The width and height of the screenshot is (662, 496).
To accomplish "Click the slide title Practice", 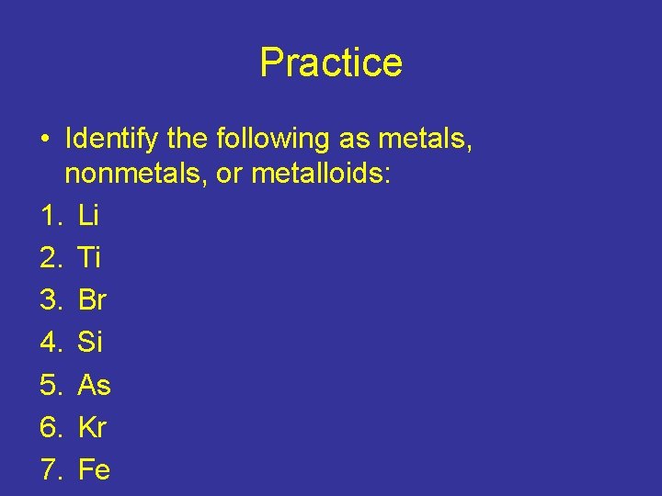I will click(x=331, y=62).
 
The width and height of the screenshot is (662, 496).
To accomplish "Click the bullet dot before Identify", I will click(x=44, y=140).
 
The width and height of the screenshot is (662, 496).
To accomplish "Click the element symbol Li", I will click(x=89, y=216).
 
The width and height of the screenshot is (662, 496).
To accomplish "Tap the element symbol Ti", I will click(x=89, y=258).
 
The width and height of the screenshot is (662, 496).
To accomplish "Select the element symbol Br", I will click(x=93, y=300).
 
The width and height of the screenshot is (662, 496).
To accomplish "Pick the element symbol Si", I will click(x=90, y=343).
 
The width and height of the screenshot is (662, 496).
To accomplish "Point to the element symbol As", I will click(x=95, y=385).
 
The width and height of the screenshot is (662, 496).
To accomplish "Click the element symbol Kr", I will click(x=93, y=427).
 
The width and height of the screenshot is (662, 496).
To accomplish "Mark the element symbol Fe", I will click(x=95, y=469).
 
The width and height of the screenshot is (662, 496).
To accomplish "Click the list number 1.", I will click(x=49, y=216).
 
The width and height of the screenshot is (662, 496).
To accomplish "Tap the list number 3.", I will click(x=49, y=300).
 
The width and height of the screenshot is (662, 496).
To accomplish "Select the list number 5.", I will click(x=49, y=385).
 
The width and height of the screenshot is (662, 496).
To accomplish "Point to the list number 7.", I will click(x=49, y=469).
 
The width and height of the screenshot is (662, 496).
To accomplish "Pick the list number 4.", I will click(x=49, y=343).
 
